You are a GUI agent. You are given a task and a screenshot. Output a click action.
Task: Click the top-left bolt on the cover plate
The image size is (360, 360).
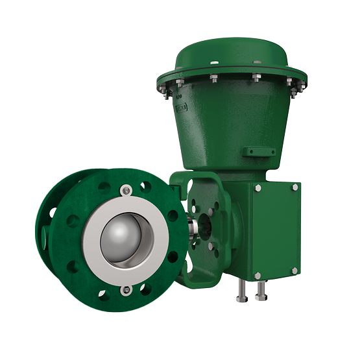point(258,188)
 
